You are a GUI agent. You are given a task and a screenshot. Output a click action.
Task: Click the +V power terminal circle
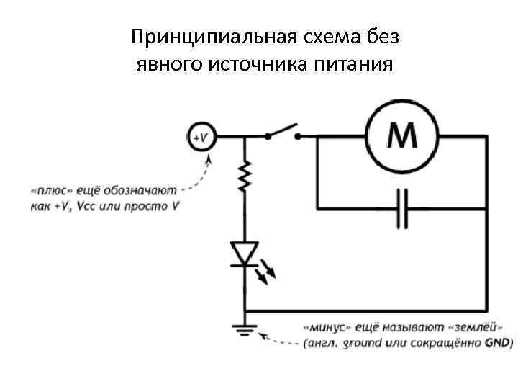coord(201,135)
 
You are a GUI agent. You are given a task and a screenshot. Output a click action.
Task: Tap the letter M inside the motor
coord(403,135)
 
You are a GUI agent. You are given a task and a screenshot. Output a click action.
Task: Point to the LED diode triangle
coord(246,254)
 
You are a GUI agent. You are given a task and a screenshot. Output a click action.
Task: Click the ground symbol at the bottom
coord(246,330)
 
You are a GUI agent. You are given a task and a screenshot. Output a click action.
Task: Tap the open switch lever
coord(281,130)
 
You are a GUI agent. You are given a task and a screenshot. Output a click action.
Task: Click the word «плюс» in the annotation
coord(51,192)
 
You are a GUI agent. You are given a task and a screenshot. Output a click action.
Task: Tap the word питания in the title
coord(354,65)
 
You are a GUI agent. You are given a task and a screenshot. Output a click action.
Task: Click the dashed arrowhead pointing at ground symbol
coord(263,334)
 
